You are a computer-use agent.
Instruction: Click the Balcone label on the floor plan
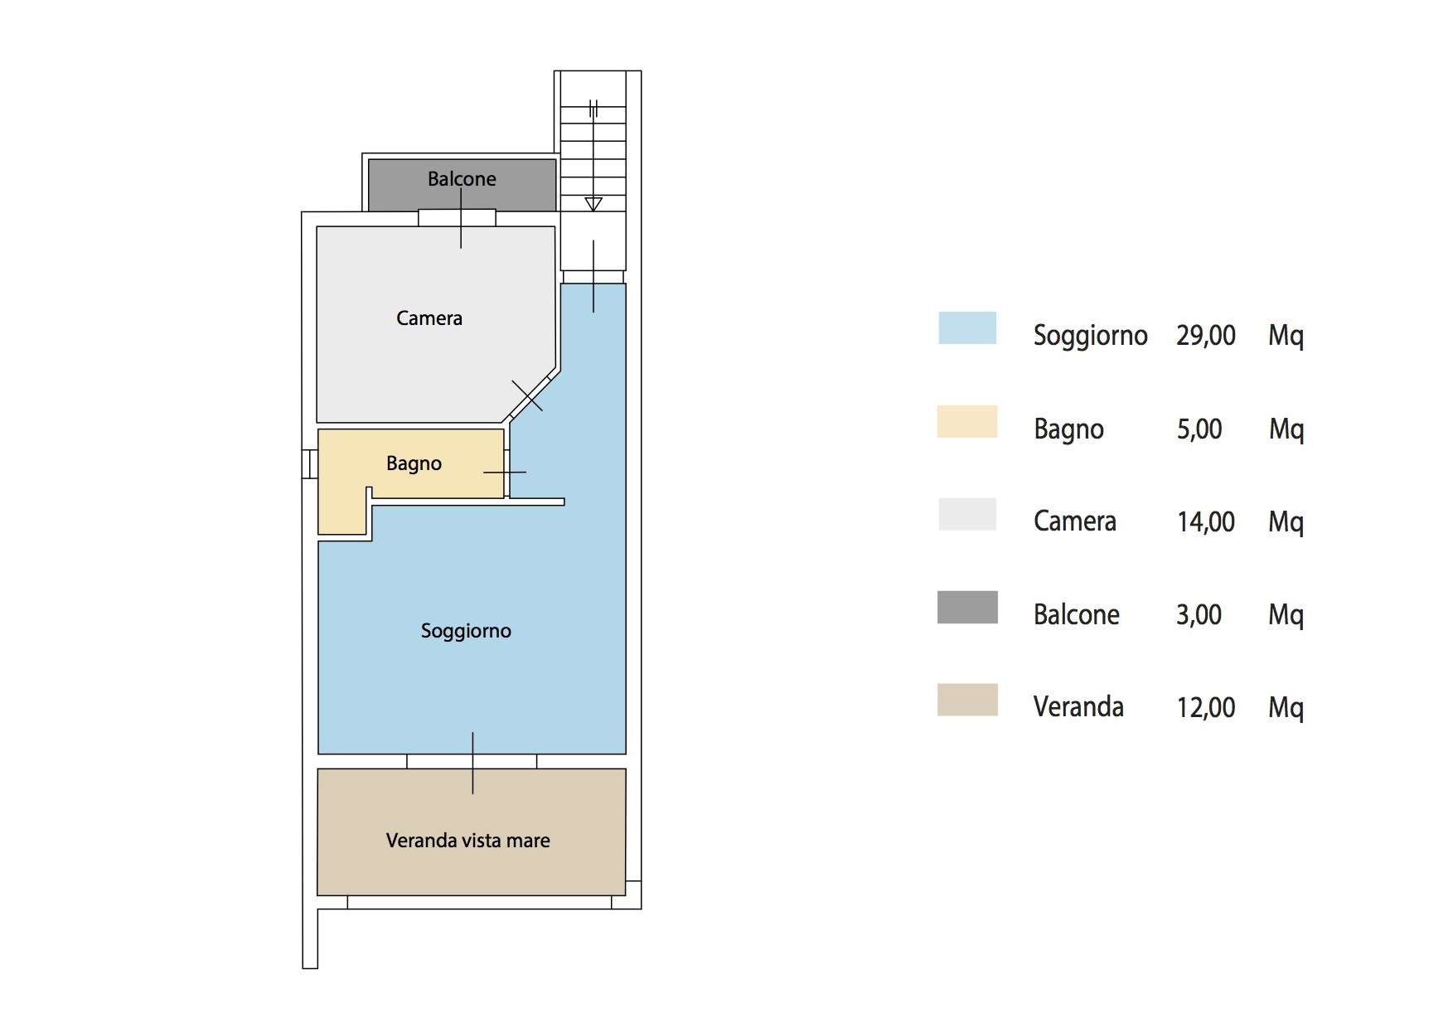tap(462, 178)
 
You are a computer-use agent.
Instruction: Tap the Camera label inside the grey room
tap(429, 318)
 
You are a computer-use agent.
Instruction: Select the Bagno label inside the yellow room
tap(414, 463)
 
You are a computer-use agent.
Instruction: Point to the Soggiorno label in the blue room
tap(466, 631)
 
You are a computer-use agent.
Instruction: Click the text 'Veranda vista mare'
tap(468, 841)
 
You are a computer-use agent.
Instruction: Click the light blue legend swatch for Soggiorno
tap(967, 327)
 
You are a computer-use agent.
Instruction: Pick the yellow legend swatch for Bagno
tap(967, 421)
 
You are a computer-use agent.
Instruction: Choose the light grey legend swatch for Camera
tap(967, 514)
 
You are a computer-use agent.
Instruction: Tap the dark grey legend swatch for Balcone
tap(967, 607)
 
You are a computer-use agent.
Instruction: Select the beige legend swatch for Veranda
tap(967, 700)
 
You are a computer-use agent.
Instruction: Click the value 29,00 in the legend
tap(1206, 336)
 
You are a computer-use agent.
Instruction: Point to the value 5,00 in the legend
tap(1199, 429)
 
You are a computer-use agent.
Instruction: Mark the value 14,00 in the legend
tap(1206, 522)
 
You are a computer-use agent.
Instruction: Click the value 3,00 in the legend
tap(1199, 615)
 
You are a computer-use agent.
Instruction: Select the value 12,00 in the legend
tap(1206, 708)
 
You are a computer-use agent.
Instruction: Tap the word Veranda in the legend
tap(1078, 707)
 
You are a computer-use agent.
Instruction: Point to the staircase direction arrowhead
tap(593, 204)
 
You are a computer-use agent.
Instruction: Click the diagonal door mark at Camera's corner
tap(527, 396)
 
